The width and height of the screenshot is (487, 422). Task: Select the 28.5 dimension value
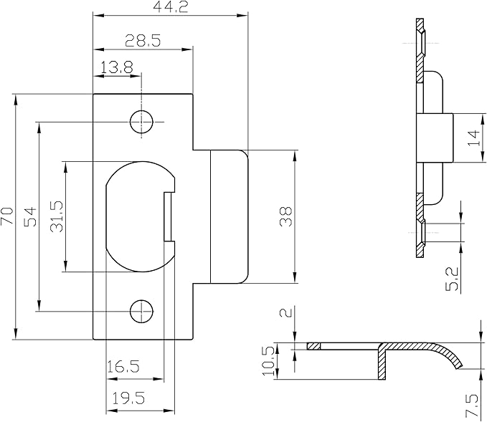[142, 41]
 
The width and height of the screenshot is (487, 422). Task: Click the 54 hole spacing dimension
[30, 217]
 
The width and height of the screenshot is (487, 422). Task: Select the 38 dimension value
[286, 217]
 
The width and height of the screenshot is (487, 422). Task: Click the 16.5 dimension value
[123, 368]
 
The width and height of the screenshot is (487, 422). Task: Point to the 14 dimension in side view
[473, 138]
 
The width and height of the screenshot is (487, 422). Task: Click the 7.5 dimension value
[472, 405]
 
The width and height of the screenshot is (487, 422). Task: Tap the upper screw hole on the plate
[142, 122]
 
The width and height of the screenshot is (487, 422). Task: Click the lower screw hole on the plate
[142, 310]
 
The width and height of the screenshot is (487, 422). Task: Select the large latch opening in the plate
[136, 216]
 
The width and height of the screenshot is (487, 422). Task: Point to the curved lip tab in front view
[228, 216]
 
